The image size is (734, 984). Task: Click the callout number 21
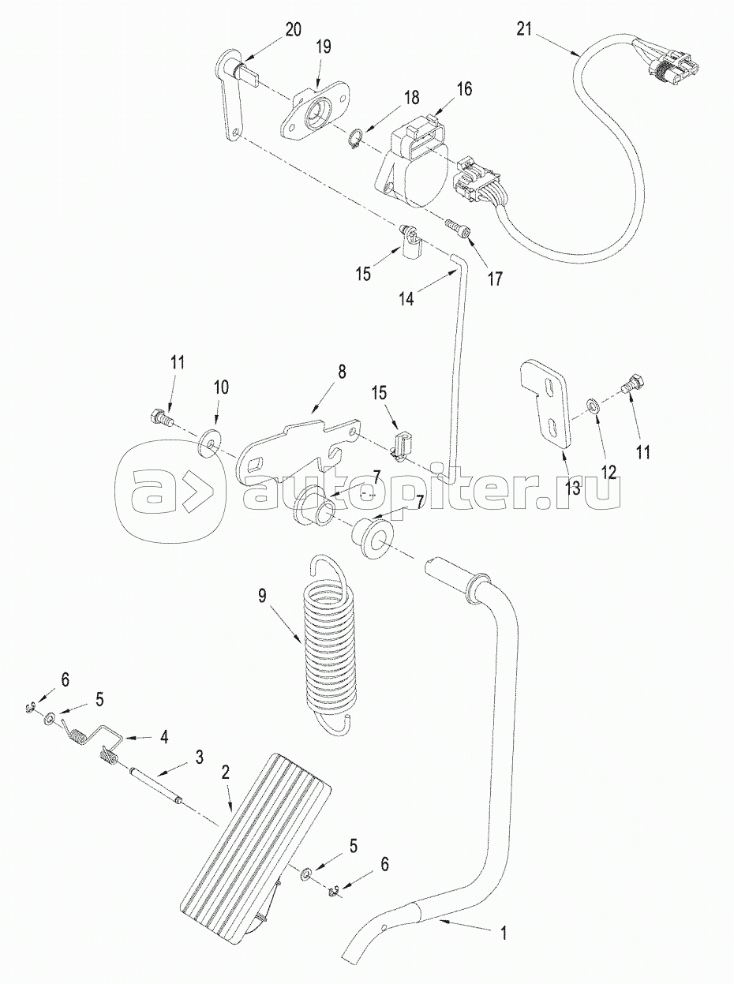point(523,30)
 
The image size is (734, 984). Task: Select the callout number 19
point(324,47)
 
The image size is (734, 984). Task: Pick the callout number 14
point(406,298)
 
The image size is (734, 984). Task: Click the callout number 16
point(465,89)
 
